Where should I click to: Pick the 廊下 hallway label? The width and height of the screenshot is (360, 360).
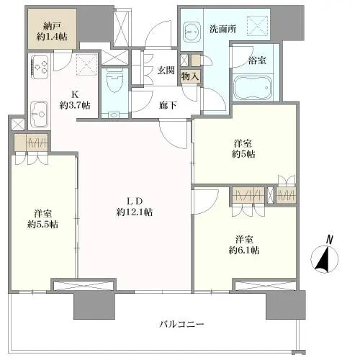point(168,105)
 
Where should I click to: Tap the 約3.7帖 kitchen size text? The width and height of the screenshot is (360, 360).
point(75,105)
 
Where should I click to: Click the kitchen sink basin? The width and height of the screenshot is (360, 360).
point(40,113)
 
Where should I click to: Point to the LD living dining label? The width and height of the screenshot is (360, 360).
point(135,199)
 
